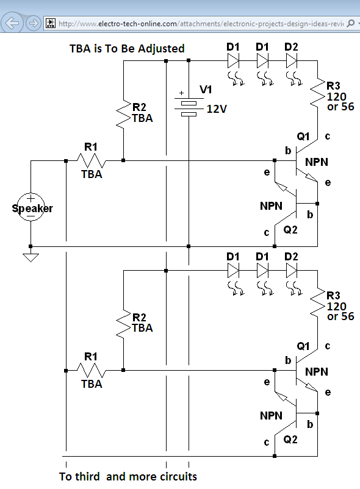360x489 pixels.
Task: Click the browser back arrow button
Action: pyautogui.click(x=12, y=23)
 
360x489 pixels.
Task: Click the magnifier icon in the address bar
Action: pyautogui.click(x=351, y=23)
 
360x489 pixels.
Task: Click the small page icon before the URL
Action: pyautogui.click(x=51, y=23)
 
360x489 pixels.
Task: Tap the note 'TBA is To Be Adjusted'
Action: pyautogui.click(x=127, y=49)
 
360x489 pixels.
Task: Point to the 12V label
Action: pyautogui.click(x=217, y=109)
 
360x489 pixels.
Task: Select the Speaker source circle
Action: pyautogui.click(x=31, y=207)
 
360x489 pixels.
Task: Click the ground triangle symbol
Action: pyautogui.click(x=31, y=257)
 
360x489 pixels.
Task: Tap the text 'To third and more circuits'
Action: pyautogui.click(x=128, y=477)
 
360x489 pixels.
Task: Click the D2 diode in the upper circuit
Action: pyautogui.click(x=292, y=61)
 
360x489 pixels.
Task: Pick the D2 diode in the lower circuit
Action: pyautogui.click(x=292, y=271)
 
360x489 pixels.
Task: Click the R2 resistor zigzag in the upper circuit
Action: pyautogui.click(x=123, y=114)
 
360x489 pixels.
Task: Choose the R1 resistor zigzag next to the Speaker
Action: pyautogui.click(x=92, y=160)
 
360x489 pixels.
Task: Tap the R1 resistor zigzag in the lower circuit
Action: pyautogui.click(x=92, y=371)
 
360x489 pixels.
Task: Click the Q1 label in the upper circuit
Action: pyautogui.click(x=303, y=137)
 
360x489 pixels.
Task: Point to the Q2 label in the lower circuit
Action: pyautogui.click(x=290, y=440)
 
